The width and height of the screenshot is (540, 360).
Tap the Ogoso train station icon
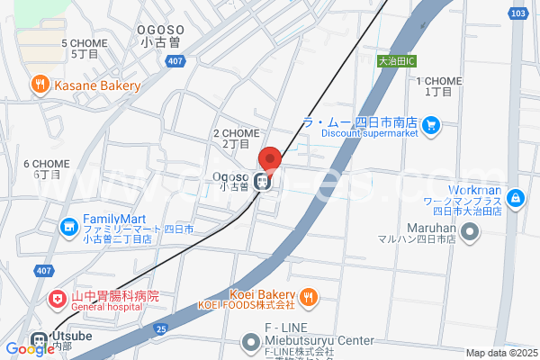264,181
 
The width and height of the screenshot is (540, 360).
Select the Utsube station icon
39,342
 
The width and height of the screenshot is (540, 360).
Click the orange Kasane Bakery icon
40,85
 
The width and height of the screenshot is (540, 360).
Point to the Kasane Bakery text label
96,86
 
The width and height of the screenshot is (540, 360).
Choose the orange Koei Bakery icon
308,295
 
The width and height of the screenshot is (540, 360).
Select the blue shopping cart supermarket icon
431,124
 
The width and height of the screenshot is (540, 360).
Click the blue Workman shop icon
516,198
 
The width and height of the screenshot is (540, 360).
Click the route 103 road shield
517,13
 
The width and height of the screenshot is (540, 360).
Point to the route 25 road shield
160,330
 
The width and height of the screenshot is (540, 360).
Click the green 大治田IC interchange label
396,61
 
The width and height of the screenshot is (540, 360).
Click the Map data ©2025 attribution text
500,353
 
